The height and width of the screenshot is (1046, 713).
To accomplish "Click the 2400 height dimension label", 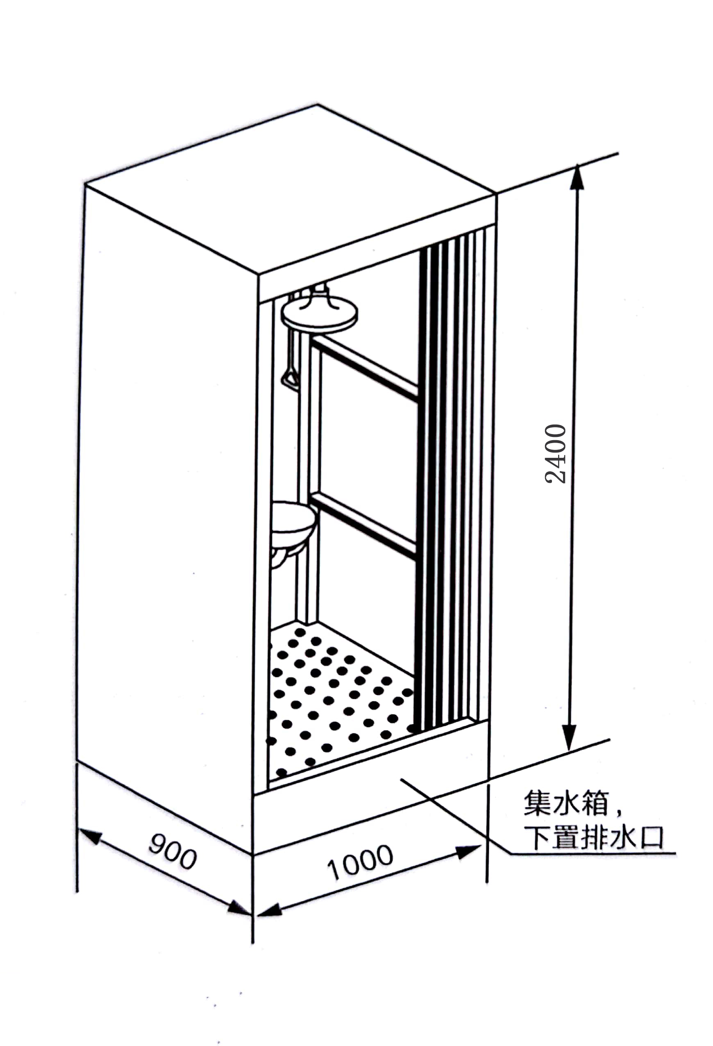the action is click(555, 454).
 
